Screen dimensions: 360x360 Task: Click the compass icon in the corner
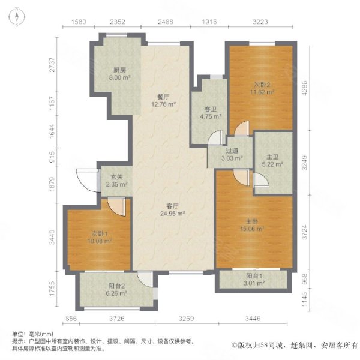click(17, 17)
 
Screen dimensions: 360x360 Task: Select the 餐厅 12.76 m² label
click(163, 101)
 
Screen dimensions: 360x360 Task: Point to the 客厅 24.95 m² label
click(173, 209)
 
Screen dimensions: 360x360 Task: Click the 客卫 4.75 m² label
click(211, 113)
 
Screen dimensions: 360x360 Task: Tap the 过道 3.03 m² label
click(232, 154)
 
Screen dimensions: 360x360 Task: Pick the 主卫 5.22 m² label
click(272, 160)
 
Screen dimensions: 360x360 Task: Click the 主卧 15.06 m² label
click(251, 225)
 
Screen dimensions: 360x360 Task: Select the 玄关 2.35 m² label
click(116, 181)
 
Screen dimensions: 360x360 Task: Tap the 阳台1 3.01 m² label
click(254, 280)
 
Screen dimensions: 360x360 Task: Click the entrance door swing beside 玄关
click(87, 180)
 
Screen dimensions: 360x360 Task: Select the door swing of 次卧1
click(116, 206)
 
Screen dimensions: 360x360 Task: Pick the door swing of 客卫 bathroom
click(215, 137)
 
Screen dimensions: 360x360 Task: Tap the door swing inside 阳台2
click(145, 280)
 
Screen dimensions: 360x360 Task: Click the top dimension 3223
click(260, 22)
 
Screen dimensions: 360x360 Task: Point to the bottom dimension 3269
click(186, 319)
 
